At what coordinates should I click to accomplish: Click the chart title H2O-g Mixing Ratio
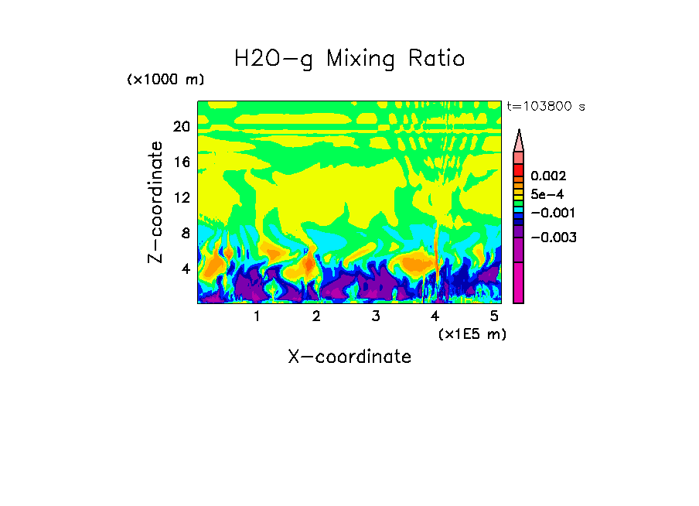click(x=349, y=58)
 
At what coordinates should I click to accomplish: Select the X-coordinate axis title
click(x=349, y=357)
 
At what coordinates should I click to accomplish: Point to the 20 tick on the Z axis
click(x=181, y=127)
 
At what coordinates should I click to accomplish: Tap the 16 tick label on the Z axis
click(x=181, y=162)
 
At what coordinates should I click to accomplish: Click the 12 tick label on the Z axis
click(x=181, y=197)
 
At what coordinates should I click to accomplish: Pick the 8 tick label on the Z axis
click(x=185, y=233)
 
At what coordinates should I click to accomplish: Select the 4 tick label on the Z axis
click(x=185, y=268)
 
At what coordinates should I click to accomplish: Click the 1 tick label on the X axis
click(x=257, y=316)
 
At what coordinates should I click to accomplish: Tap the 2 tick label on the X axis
click(x=315, y=316)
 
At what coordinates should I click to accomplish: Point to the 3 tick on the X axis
click(x=375, y=316)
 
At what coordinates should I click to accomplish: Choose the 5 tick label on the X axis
click(x=493, y=316)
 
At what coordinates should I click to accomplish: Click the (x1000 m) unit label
click(x=165, y=80)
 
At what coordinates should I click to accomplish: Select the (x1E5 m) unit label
click(x=472, y=333)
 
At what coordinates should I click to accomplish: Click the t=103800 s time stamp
click(x=545, y=106)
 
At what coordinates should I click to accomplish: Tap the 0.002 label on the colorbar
click(x=548, y=176)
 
